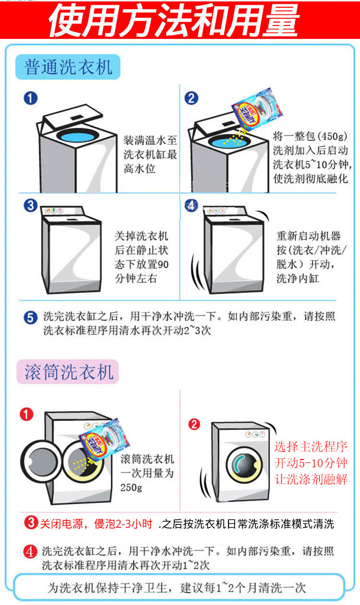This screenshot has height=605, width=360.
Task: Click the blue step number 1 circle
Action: (30, 98)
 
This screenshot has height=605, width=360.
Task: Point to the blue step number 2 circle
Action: (191, 98)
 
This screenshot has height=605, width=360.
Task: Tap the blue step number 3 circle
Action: (30, 206)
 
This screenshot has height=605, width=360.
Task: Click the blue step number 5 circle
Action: (30, 317)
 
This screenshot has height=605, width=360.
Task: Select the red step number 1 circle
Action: (26, 414)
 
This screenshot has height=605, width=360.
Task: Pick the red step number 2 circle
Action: (194, 424)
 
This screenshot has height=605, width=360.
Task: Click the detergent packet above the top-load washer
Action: (253, 113)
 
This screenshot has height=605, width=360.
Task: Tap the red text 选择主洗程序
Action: (311, 447)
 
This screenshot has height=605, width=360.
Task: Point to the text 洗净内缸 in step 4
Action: (297, 278)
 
